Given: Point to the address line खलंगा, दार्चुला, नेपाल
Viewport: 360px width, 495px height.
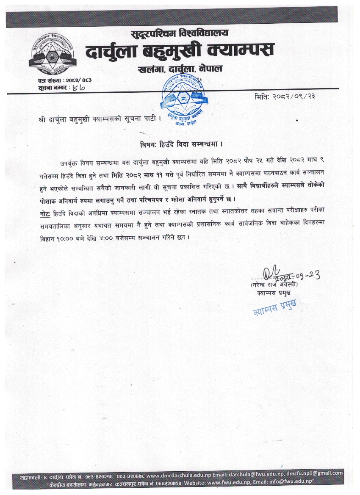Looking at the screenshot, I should (x=180, y=69).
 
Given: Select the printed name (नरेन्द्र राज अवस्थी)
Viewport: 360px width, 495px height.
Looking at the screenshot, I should (x=274, y=285).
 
